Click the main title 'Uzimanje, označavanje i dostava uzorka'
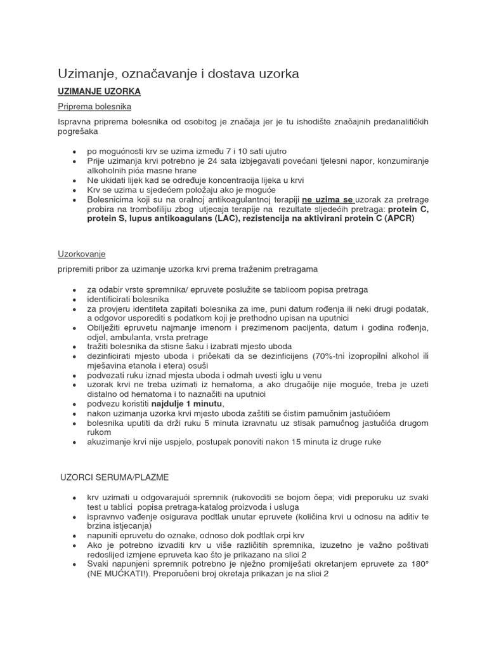[178, 74]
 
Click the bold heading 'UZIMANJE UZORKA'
[99, 92]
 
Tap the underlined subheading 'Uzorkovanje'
[82, 255]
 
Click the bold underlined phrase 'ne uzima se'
[328, 199]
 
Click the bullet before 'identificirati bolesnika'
[75, 299]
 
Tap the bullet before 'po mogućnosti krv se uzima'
[75, 152]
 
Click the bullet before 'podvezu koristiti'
[75, 404]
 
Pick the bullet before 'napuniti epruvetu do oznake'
[75, 536]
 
